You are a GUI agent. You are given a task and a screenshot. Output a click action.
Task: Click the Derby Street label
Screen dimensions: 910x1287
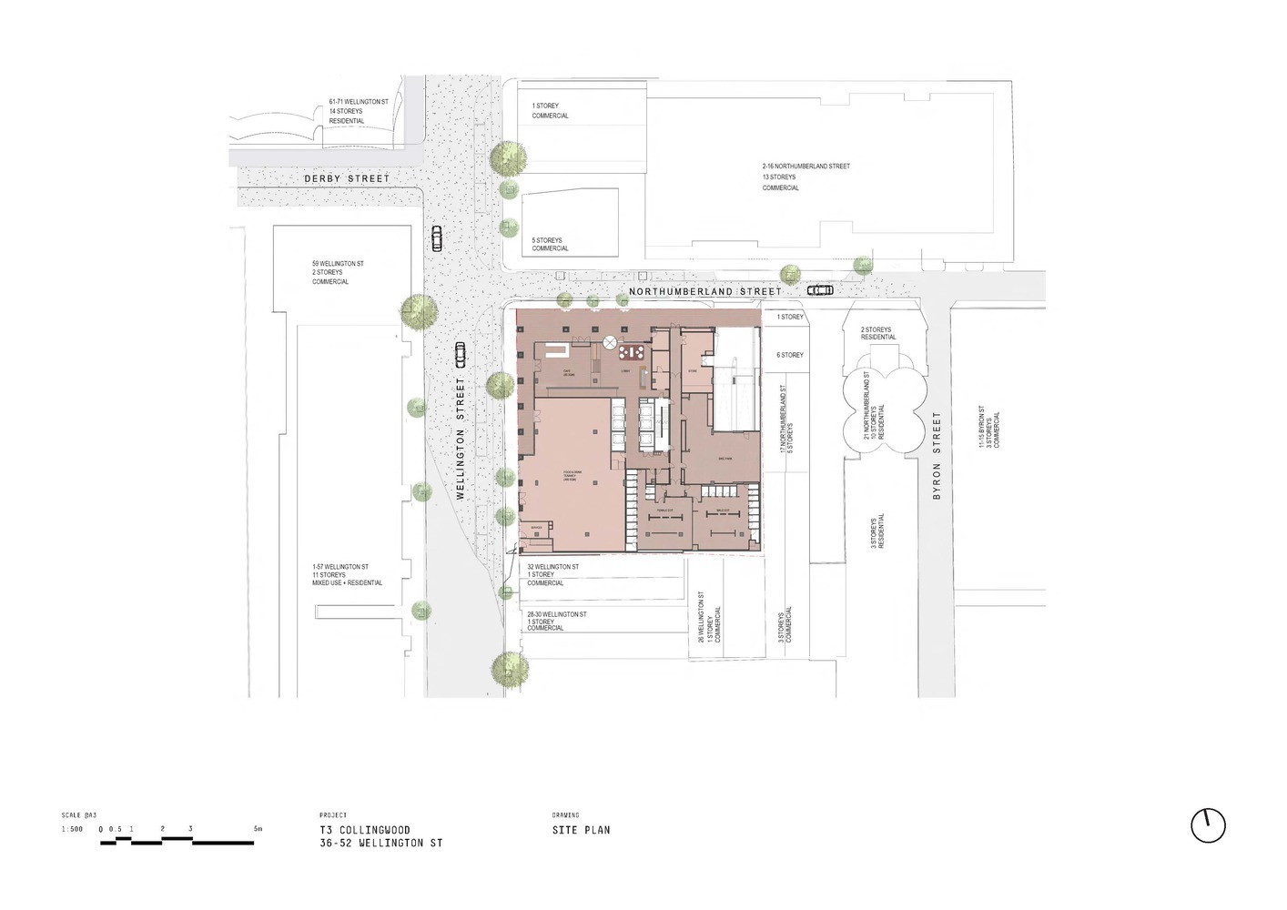tap(346, 179)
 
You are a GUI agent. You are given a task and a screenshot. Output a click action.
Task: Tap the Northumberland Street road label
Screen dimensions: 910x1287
tap(704, 292)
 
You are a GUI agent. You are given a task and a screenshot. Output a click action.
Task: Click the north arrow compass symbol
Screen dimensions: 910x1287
tap(1208, 825)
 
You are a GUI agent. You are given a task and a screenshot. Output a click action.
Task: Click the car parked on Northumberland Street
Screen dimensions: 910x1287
tap(820, 290)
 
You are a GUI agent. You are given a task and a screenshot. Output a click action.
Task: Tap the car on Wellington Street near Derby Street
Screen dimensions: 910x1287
tap(437, 238)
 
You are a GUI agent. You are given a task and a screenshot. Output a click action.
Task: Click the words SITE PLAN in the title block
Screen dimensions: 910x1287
tap(581, 830)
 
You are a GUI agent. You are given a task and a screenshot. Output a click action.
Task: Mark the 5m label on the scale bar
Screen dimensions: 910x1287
tap(258, 829)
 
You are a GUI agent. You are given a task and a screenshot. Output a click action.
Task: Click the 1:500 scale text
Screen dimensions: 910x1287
tap(72, 829)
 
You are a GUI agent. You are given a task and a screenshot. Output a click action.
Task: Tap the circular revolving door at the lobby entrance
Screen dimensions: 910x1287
tap(610, 342)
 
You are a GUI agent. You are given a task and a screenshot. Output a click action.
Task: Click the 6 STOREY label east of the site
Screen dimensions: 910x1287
tap(789, 355)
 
